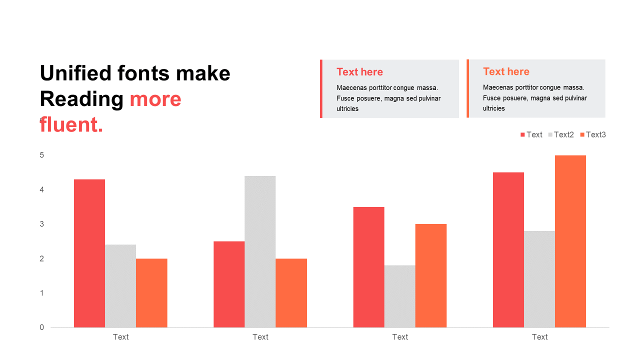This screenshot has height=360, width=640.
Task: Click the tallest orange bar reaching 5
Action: click(x=570, y=241)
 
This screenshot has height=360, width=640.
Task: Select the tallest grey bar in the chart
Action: click(x=260, y=251)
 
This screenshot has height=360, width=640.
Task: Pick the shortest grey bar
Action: click(x=399, y=296)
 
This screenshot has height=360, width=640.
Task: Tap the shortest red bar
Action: click(x=229, y=284)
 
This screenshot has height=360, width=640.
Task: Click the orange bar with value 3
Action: click(x=431, y=275)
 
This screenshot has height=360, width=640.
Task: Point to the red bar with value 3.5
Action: click(x=368, y=267)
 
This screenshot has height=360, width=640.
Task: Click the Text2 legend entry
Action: click(x=561, y=134)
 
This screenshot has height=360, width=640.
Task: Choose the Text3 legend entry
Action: click(x=593, y=134)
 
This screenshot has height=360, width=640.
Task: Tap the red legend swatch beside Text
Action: click(x=522, y=135)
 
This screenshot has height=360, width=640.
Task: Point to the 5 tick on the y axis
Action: click(x=41, y=155)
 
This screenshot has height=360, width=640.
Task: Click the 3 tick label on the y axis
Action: click(x=41, y=224)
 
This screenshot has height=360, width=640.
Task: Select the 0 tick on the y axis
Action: click(x=41, y=327)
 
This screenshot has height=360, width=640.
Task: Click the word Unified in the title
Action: click(x=75, y=73)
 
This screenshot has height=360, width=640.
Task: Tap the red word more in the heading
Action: click(x=155, y=99)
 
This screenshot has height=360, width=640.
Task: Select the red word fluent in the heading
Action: click(x=71, y=124)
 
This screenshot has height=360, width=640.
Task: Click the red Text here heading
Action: click(x=359, y=71)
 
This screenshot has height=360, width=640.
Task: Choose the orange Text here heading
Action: click(x=506, y=71)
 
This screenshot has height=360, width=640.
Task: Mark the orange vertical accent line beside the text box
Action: click(x=467, y=88)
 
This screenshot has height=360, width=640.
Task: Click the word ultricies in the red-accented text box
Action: click(x=347, y=108)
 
